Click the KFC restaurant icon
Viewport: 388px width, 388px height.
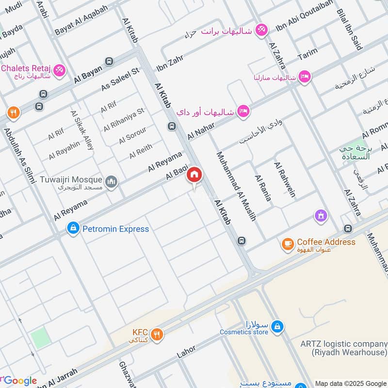pyautogui.click(x=156, y=333)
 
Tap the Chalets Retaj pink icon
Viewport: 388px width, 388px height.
pyautogui.click(x=60, y=70)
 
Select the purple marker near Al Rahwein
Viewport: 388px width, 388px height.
pyautogui.click(x=320, y=214)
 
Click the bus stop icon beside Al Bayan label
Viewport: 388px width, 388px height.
pyautogui.click(x=109, y=62)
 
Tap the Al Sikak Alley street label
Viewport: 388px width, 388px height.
pyautogui.click(x=82, y=129)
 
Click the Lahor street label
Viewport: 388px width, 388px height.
pyautogui.click(x=186, y=350)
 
